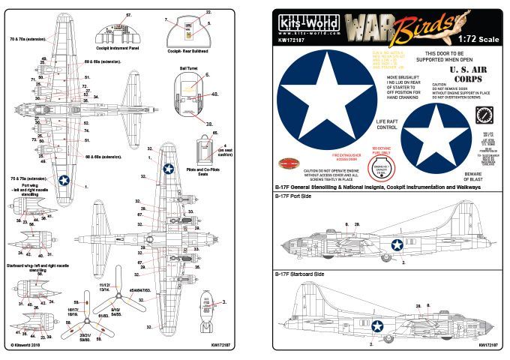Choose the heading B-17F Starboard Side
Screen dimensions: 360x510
[x=299, y=275]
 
